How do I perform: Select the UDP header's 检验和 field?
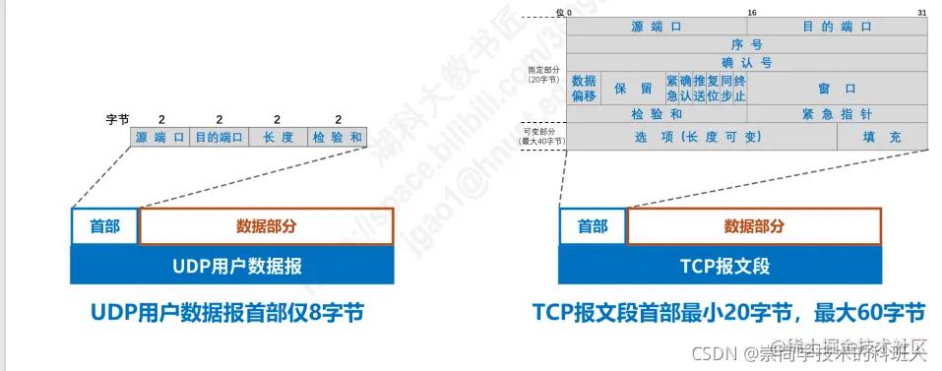tap(338, 138)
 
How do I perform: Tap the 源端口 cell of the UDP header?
tap(160, 138)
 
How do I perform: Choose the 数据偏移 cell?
tap(584, 88)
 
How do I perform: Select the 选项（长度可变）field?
tap(701, 137)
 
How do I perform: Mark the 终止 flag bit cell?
tap(739, 88)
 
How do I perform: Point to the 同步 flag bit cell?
tap(726, 88)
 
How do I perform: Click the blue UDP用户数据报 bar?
tap(232, 265)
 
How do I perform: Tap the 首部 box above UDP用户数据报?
tap(105, 226)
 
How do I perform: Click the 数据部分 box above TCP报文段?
tap(754, 226)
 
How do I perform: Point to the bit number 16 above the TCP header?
tap(751, 12)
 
